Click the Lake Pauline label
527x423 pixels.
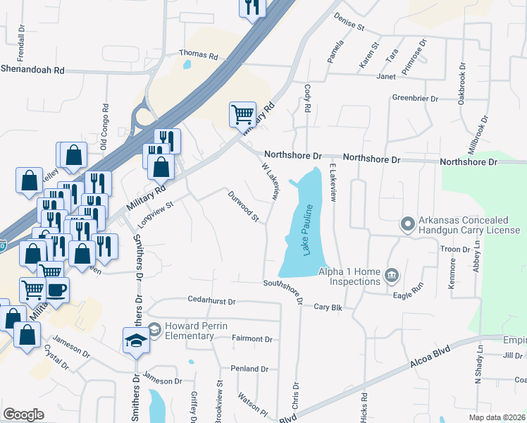tap(308, 231)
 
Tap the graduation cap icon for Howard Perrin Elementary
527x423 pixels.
tap(135, 341)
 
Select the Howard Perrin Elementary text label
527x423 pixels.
tap(190, 331)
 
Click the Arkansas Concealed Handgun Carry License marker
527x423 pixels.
tap(407, 225)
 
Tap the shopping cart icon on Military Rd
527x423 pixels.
tap(242, 114)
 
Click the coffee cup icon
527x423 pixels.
tap(56, 289)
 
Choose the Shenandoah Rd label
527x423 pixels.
tap(32, 70)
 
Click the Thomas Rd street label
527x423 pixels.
tap(199, 53)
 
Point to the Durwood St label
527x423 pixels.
tap(244, 206)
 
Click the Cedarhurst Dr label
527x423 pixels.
tap(211, 300)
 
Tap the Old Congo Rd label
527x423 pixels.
tap(104, 128)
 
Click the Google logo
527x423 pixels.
tap(23, 415)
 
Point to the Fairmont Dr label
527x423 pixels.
tap(252, 339)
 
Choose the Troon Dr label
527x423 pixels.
tap(455, 250)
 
